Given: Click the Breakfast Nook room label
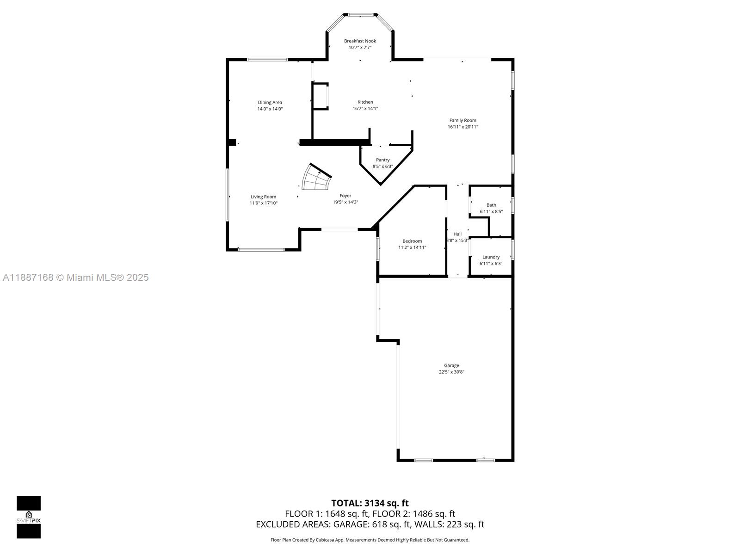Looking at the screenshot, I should coord(360,41).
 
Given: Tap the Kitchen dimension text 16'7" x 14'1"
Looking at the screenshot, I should coord(365,109).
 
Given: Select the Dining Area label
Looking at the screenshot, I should coord(270,103).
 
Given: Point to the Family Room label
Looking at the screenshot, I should coord(462,120).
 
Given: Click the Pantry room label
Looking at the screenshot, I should coord(382,160).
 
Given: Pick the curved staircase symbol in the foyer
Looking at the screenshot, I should coord(316,178).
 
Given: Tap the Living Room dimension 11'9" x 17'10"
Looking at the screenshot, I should coord(264,203).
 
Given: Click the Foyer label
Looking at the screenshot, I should coord(345,196).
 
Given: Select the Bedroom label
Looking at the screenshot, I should coord(412,241).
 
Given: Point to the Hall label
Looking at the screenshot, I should coord(457,234).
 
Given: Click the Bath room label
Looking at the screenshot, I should coord(491,205).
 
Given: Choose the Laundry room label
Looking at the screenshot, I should coord(491,257).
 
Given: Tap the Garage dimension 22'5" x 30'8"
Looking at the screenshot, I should coord(451,372).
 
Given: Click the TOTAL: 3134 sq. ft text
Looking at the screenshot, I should coord(370,503).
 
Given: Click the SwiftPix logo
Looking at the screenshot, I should coord(29,517).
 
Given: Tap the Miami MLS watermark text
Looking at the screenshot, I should coord(75,277).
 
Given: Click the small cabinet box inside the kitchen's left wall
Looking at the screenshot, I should coord(320,96).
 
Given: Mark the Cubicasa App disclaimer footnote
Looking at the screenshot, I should coord(370,540).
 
